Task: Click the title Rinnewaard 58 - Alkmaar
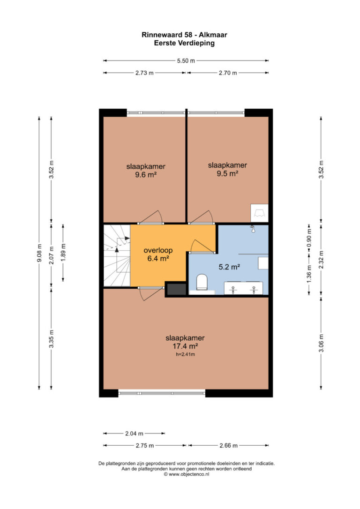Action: pos(184,35)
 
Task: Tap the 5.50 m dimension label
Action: pos(186,61)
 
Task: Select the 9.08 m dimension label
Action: pos(39,253)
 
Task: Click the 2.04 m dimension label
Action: pos(134,434)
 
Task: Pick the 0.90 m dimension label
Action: pos(309,238)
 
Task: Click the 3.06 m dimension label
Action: pos(321,343)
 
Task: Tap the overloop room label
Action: pos(158,250)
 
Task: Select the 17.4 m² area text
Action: pos(185,346)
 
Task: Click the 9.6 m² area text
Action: pos(146,175)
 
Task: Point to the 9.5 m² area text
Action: pos(227,173)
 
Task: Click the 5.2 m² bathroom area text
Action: pos(229,267)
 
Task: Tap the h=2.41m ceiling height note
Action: pos(185,354)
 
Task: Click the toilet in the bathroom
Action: pos(202,282)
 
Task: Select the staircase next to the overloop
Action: pos(117,256)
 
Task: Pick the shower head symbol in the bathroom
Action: pos(252,229)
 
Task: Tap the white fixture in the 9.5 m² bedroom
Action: pos(259,213)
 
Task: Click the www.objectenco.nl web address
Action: pos(187,474)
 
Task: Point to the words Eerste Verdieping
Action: pos(184,43)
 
